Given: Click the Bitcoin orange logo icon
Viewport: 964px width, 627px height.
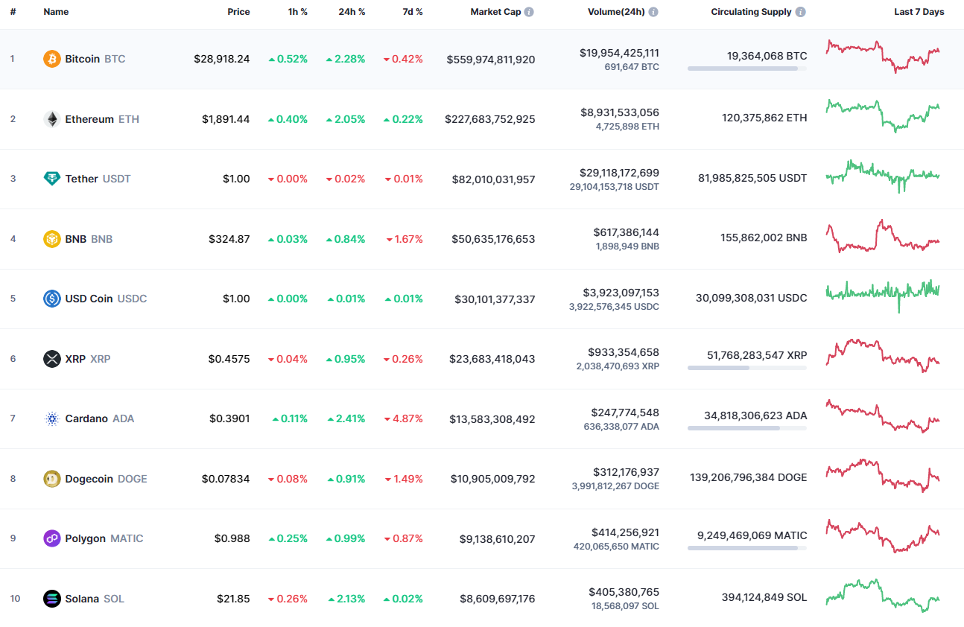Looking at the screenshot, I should pos(52,59).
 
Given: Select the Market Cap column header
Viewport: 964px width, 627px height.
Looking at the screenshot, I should pos(495,12).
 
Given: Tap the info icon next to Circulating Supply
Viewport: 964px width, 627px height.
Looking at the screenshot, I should pos(801,12).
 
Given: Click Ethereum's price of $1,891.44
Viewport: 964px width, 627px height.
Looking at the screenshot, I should pos(226,119).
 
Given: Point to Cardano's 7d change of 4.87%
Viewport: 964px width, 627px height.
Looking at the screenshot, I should pos(403,418).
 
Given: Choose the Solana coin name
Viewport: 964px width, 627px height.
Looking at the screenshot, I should pos(82,599).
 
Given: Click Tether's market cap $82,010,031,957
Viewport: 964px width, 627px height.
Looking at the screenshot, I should pos(493,179).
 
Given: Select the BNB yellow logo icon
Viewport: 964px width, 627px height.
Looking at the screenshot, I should pos(52,239).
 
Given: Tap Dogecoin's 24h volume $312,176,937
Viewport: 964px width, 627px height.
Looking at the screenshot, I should pos(626,472).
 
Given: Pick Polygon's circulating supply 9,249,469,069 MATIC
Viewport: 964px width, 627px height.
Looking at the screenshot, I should pos(752,535).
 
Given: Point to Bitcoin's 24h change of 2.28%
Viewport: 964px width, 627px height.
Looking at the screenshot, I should pos(346,59).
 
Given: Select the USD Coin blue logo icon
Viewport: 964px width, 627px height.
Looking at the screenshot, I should pos(52,299).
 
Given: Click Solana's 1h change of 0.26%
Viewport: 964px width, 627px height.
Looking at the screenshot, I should pos(288,599).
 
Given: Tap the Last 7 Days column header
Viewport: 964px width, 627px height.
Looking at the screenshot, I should pos(919,12).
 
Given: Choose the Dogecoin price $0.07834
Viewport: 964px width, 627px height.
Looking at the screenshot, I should pos(226,479).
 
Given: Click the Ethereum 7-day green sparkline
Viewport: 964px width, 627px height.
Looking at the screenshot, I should pos(883,115).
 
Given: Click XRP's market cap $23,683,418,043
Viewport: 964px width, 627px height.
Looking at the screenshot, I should pos(492,359).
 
